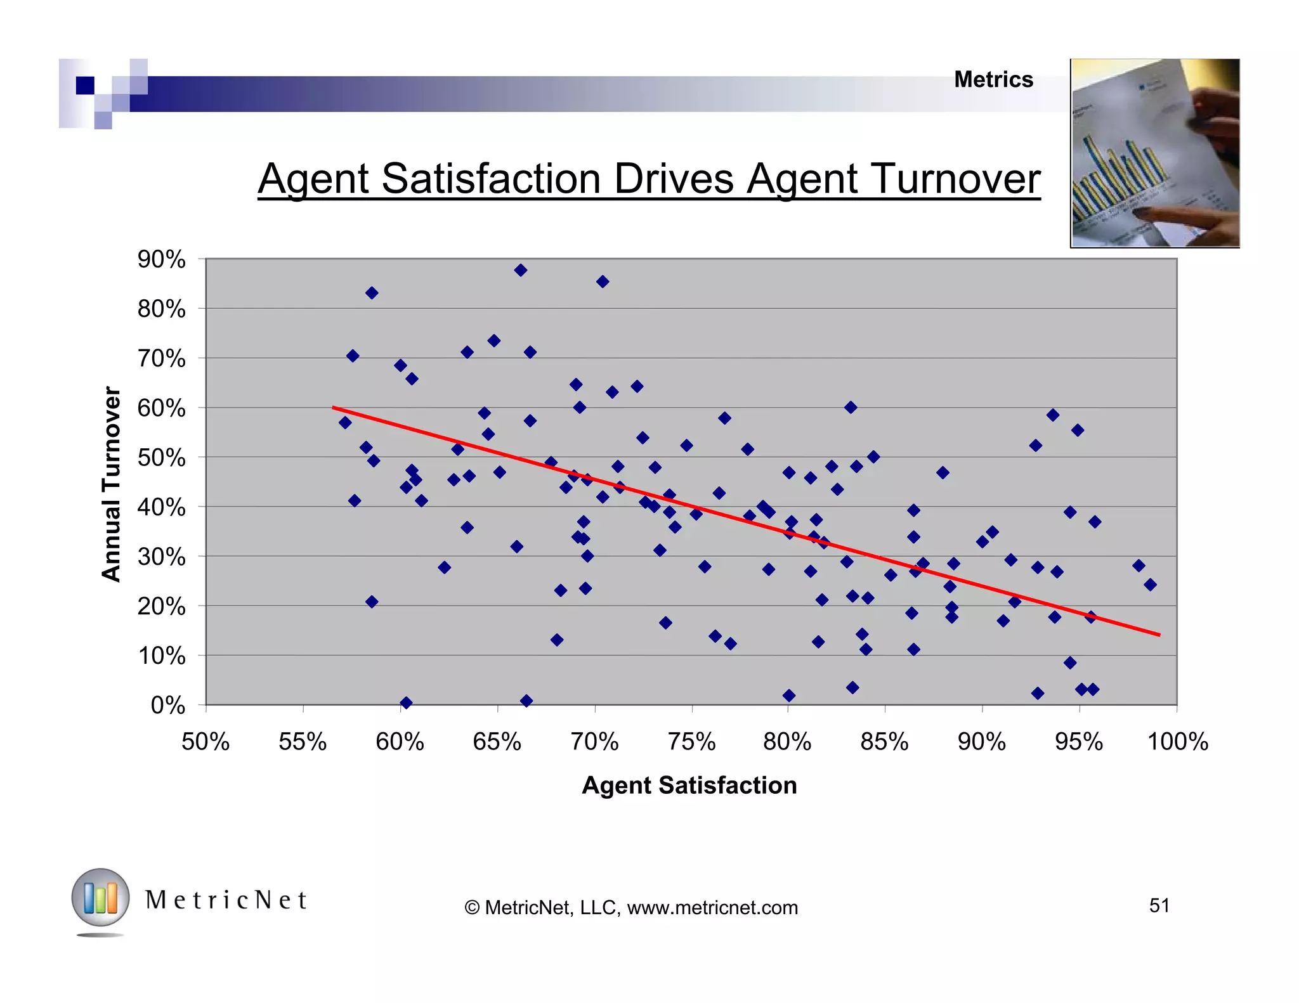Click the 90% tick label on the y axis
[161, 259]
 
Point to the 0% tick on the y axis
[167, 705]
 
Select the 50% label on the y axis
[161, 458]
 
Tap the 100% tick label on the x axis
[1177, 741]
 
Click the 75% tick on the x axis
[691, 741]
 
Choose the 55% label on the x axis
[303, 741]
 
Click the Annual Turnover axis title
[111, 484]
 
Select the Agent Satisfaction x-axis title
[689, 785]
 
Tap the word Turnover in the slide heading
[956, 179]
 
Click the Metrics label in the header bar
[993, 80]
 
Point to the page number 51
[1159, 905]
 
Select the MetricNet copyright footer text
[631, 907]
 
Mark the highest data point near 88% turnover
[521, 270]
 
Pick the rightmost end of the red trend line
[1159, 634]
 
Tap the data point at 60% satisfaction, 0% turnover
[406, 702]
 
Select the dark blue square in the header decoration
[85, 85]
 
